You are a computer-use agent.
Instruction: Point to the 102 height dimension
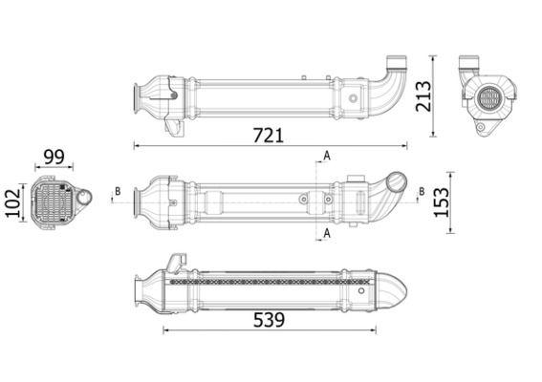pyautogui.click(x=13, y=203)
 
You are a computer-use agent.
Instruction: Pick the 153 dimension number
pyautogui.click(x=442, y=202)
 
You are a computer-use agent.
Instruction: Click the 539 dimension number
pyautogui.click(x=269, y=319)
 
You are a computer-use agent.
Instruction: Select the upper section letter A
pyautogui.click(x=327, y=155)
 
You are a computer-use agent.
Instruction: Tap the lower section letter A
pyautogui.click(x=327, y=232)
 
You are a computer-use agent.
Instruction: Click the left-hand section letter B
pyautogui.click(x=118, y=192)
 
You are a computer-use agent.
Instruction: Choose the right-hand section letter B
pyautogui.click(x=422, y=192)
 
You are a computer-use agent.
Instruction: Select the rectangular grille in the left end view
pyautogui.click(x=54, y=202)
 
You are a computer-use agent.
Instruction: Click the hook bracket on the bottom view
pyautogui.click(x=176, y=261)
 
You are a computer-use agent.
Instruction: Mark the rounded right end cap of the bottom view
pyautogui.click(x=394, y=284)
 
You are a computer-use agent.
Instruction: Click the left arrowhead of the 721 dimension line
pyautogui.click(x=136, y=146)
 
